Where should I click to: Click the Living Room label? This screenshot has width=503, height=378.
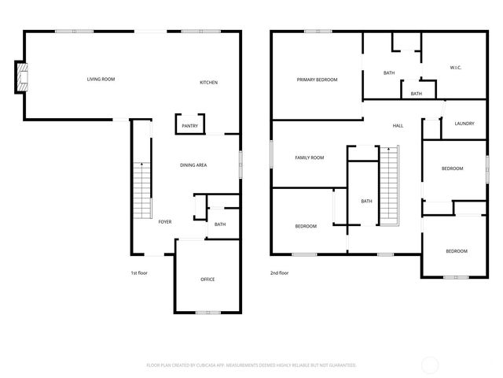coord(101,79)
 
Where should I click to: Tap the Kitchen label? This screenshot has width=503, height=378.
coord(208,83)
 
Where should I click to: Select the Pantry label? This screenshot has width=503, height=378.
coord(189,126)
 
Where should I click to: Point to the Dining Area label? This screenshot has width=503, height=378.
coord(193,165)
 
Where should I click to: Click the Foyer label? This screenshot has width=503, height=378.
coord(165,222)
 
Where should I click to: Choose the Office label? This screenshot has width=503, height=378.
coord(207,279)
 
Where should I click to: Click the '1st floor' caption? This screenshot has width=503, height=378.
coord(139,272)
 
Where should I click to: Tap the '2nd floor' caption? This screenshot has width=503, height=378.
coord(279,272)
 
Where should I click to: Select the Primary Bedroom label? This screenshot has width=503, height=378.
coord(317,80)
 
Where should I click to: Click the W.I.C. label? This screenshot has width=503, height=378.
coord(455,67)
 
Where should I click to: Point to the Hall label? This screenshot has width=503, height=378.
coord(398,126)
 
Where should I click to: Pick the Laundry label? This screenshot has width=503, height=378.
coord(464,124)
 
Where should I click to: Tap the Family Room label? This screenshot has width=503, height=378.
coord(309,157)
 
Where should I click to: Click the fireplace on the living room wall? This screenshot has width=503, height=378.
coord(24,77)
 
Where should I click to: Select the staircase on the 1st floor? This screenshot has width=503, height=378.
coord(141,189)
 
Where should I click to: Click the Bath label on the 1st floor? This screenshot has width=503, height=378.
coord(220,224)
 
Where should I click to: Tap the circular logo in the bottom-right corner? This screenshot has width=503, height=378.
coord(430,365)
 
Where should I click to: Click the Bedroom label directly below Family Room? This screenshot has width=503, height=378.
coord(306,226)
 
